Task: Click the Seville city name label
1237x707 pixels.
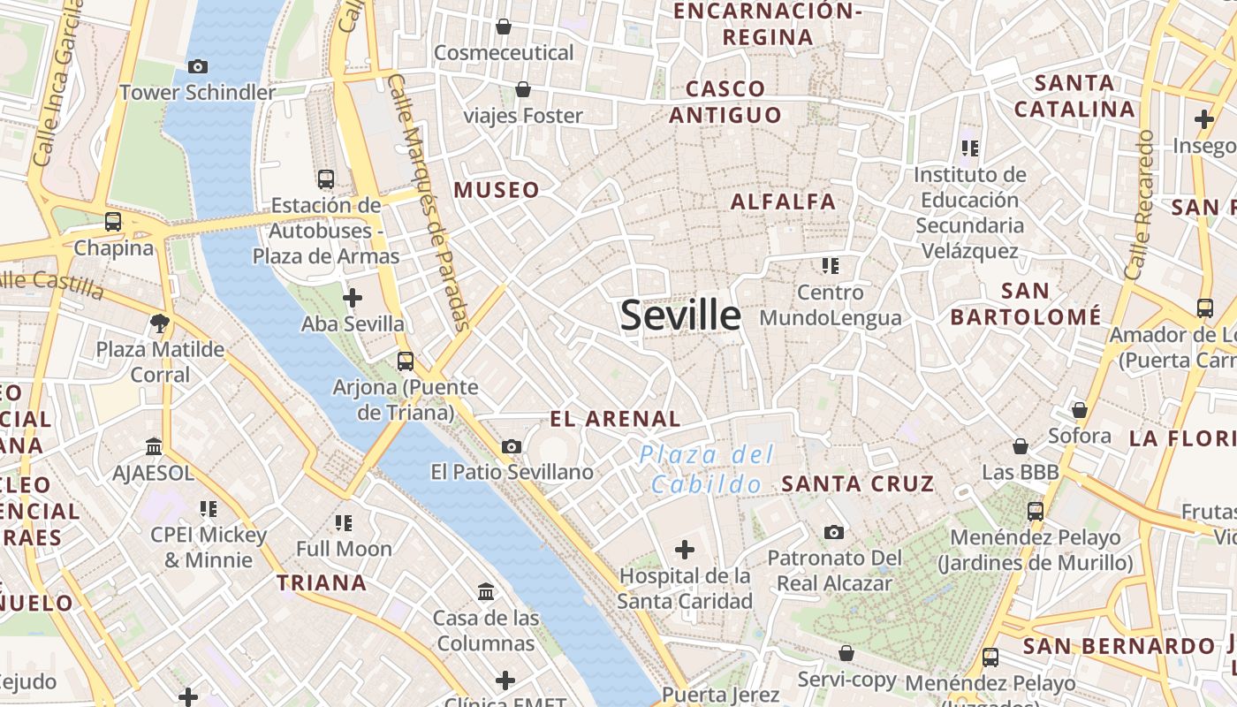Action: point(680,315)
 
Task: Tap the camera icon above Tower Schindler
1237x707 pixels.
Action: point(198,66)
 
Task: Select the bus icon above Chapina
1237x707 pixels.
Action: point(113,221)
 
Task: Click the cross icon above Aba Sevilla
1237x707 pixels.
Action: point(353,297)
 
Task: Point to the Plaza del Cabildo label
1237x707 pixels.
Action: point(708,469)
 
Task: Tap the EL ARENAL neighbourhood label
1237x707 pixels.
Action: point(615,419)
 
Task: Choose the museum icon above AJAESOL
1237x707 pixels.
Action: point(154,446)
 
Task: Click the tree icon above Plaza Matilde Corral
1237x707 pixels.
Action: point(160,323)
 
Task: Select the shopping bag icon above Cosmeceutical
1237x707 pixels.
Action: point(504,27)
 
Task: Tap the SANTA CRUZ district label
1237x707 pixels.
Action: point(858,483)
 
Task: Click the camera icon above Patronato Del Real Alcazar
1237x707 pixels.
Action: point(834,532)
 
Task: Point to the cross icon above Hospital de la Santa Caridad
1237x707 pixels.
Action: point(685,551)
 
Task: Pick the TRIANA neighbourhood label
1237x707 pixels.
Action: point(322,582)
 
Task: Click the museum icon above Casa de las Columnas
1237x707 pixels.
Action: point(486,591)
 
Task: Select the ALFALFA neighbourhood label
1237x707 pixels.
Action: point(783,201)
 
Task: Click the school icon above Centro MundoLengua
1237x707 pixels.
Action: point(830,265)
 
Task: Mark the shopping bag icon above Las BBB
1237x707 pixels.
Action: point(1021,446)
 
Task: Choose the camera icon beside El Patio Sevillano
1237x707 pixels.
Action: point(511,447)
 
